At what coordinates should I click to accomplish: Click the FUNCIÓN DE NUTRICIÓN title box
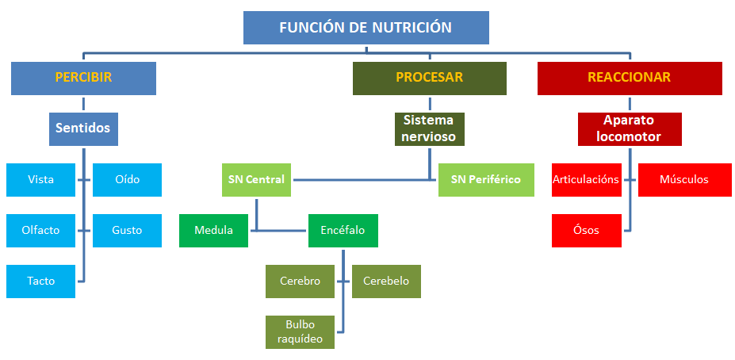point(366,28)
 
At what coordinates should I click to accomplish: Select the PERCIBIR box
point(83,78)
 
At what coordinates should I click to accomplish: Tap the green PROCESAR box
point(429,78)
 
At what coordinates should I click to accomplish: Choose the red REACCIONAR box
point(630,78)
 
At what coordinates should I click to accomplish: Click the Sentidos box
point(83,128)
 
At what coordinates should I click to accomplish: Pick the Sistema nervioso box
point(429,128)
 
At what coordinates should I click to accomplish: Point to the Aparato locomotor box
point(630,128)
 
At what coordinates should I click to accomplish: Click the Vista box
point(40,179)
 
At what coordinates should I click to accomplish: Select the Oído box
point(127,179)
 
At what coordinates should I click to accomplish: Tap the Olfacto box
point(40,231)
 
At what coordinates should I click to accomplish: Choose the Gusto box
point(127,231)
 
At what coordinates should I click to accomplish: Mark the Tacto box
point(40,281)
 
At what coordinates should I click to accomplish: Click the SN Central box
point(255,179)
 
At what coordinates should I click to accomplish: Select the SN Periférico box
point(486,179)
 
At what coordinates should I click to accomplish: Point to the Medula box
point(213,231)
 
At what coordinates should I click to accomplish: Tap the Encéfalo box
point(343,231)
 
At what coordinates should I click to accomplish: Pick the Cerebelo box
point(386,281)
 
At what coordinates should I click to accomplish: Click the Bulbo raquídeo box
point(300,331)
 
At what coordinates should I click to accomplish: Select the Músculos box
point(684,179)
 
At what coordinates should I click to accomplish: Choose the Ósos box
point(586,231)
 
